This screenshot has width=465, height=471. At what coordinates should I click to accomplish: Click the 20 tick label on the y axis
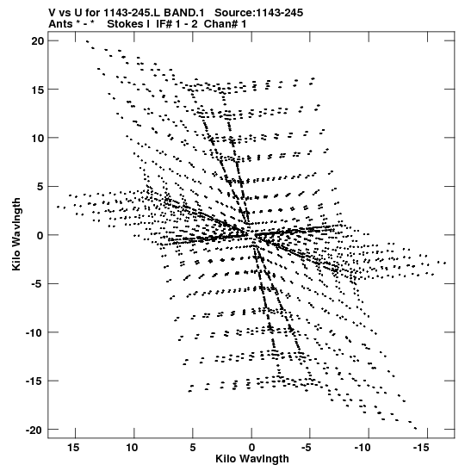pyautogui.click(x=37, y=40)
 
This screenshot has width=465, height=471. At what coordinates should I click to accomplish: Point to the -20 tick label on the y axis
pyautogui.click(x=34, y=431)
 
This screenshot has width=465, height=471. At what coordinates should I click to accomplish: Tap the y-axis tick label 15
pyautogui.click(x=37, y=90)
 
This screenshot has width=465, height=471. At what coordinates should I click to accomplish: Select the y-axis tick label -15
pyautogui.click(x=34, y=381)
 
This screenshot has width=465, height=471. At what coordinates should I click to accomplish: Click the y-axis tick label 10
pyautogui.click(x=37, y=138)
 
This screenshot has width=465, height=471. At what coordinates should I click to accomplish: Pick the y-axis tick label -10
pyautogui.click(x=34, y=333)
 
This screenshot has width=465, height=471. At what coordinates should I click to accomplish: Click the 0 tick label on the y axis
pyautogui.click(x=40, y=236)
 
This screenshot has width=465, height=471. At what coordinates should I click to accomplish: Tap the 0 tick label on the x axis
pyautogui.click(x=251, y=448)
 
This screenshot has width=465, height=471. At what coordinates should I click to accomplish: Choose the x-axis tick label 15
pyautogui.click(x=73, y=448)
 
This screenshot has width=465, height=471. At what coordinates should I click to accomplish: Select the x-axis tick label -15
pyautogui.click(x=421, y=448)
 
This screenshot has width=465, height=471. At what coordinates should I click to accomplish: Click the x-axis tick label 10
pyautogui.click(x=132, y=448)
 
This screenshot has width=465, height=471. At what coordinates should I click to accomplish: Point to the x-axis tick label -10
pyautogui.click(x=363, y=448)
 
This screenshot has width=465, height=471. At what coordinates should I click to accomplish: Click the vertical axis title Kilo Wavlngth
pyautogui.click(x=16, y=234)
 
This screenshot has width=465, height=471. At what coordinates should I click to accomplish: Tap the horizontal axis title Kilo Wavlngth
pyautogui.click(x=252, y=459)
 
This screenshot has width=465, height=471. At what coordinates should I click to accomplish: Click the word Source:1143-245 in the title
pyautogui.click(x=259, y=13)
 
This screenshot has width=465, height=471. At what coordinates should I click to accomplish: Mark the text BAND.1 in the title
pyautogui.click(x=184, y=13)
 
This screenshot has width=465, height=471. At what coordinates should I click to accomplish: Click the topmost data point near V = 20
pyautogui.click(x=88, y=41)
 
